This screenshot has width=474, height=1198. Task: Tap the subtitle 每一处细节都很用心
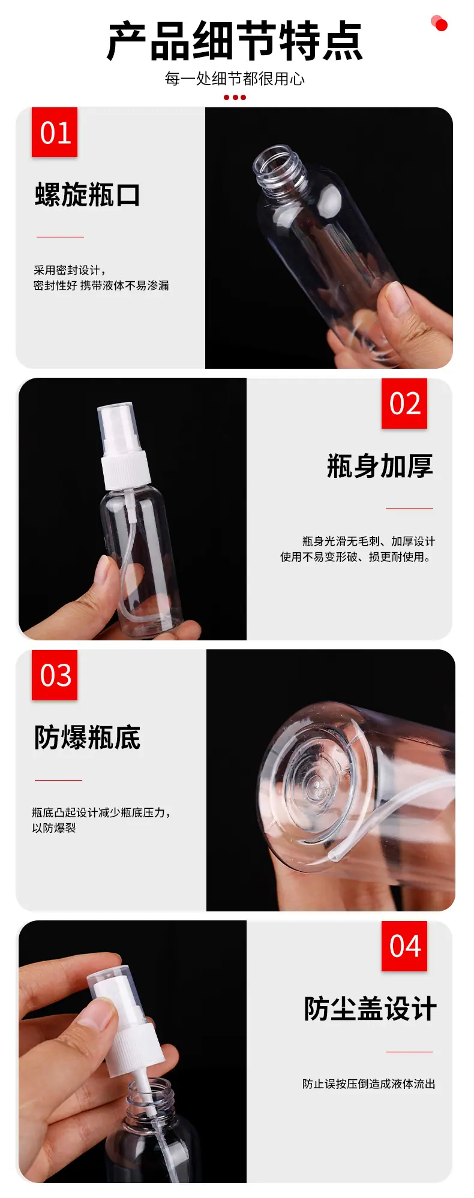(x=235, y=79)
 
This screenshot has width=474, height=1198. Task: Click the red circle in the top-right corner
(x=441, y=25)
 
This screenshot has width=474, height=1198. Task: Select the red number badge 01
(x=55, y=133)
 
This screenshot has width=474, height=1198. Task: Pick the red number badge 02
(x=404, y=404)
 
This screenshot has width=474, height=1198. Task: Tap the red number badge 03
(x=55, y=675)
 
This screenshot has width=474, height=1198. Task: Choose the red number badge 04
(x=404, y=946)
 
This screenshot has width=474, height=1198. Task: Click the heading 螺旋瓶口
(x=88, y=195)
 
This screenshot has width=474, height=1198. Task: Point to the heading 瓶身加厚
(x=380, y=466)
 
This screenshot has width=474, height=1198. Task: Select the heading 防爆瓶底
(x=88, y=738)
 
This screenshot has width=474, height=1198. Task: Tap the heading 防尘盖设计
(x=370, y=1009)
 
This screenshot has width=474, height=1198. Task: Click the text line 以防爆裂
(x=54, y=828)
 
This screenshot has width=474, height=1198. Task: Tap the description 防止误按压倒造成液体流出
(x=369, y=1084)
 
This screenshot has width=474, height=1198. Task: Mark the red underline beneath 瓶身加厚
(x=409, y=508)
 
